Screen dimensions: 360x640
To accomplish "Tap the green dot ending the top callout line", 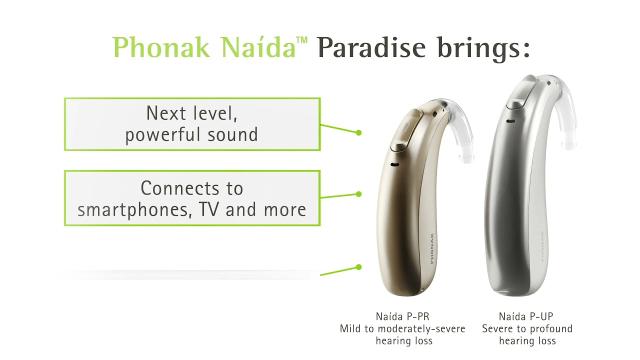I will (x=358, y=132).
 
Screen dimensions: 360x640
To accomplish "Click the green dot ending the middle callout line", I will (x=358, y=194).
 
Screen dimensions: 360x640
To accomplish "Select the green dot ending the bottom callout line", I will (x=358, y=267).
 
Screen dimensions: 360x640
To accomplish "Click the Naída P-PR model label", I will (x=402, y=316).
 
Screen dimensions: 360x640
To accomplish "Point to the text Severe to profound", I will (x=527, y=329).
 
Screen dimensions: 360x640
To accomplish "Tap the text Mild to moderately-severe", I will (x=402, y=329).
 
